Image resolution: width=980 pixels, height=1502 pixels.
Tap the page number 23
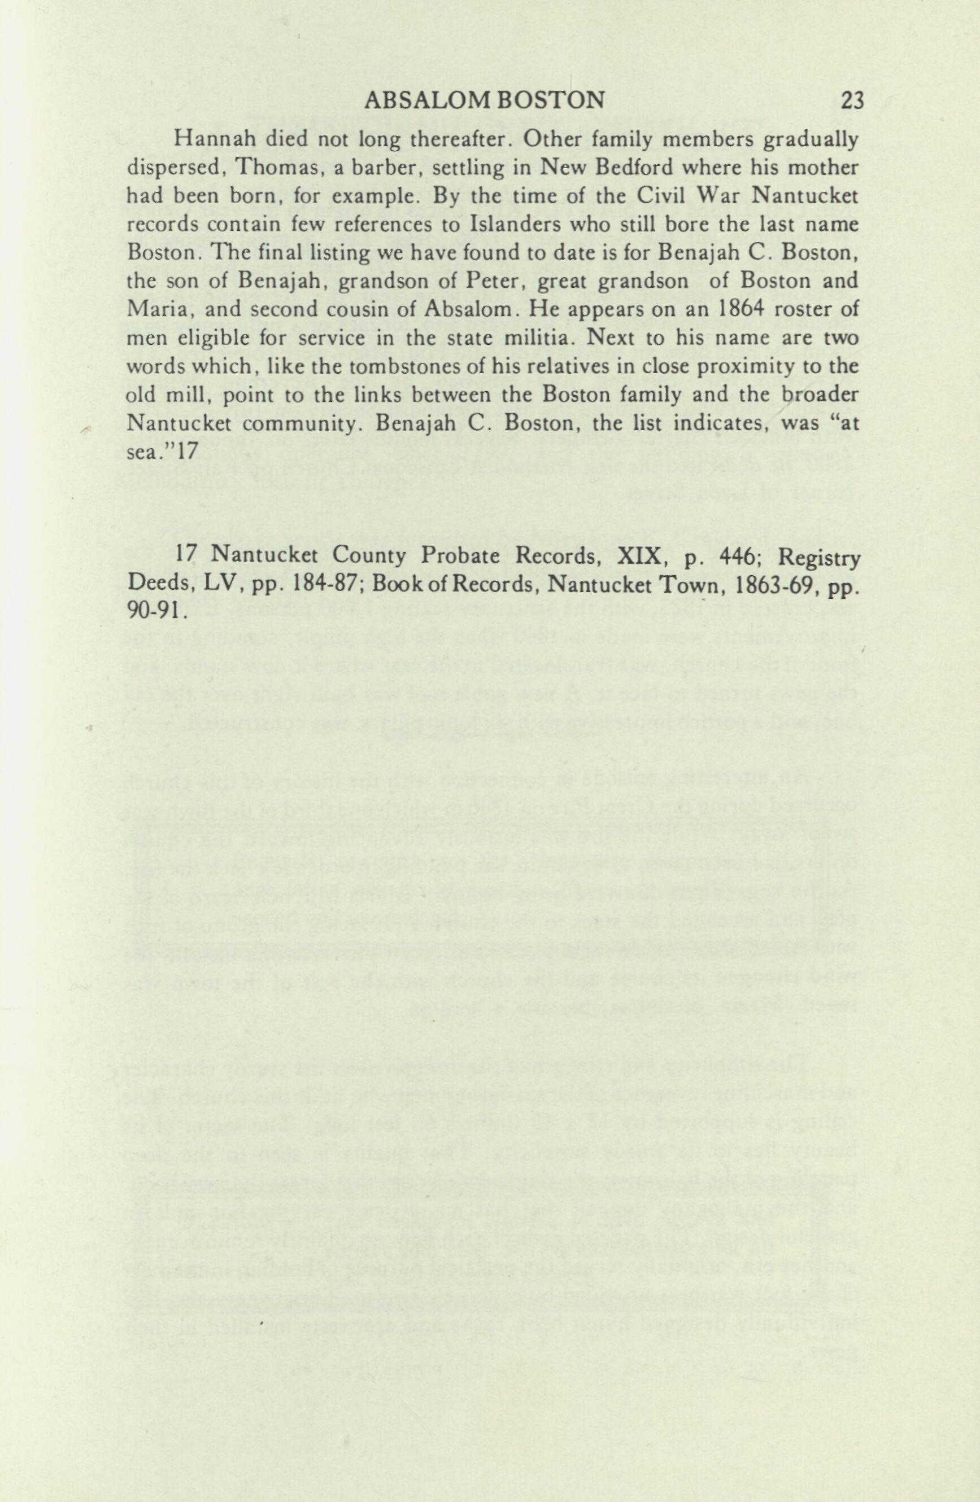[x=851, y=100]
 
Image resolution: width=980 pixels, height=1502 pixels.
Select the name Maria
[x=154, y=310]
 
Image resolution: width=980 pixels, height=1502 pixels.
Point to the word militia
[x=535, y=338]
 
